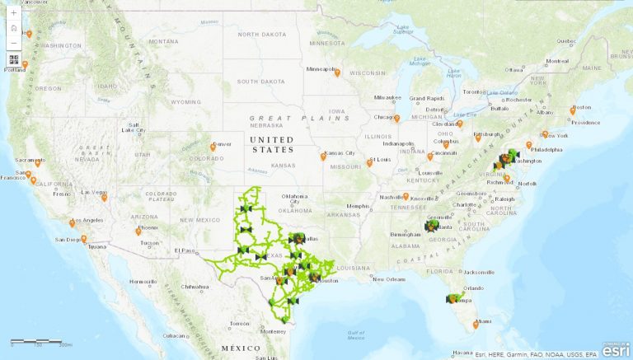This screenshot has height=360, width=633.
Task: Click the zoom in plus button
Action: click(14, 13)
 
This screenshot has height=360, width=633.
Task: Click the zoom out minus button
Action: click(14, 42)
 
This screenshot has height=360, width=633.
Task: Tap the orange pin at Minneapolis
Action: click(337, 72)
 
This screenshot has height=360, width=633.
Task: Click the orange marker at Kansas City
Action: click(323, 156)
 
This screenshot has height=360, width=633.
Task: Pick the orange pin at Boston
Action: click(574, 110)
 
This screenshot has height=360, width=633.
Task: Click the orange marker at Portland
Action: click(26, 64)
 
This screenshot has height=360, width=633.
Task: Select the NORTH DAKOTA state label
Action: click(261, 35)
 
